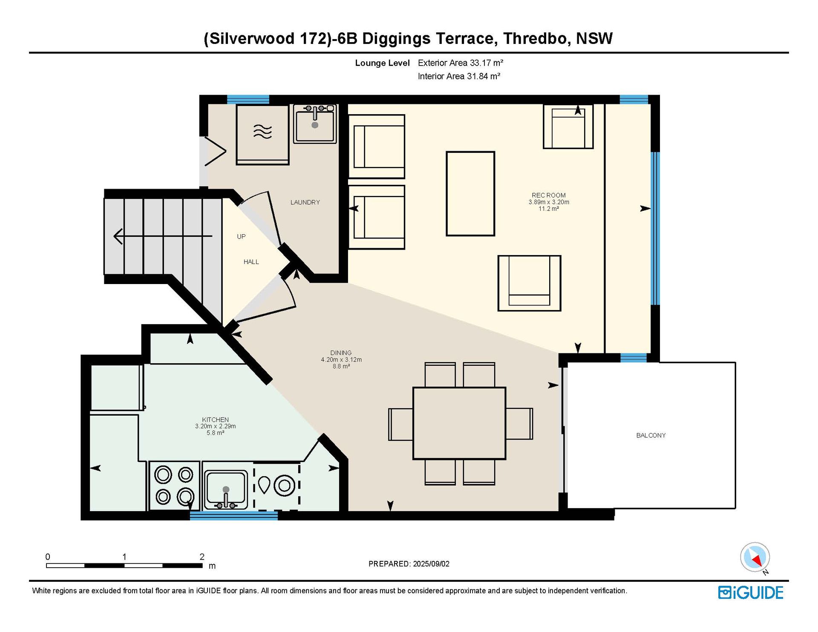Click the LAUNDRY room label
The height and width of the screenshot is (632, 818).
[305, 202]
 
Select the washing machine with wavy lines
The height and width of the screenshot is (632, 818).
[262, 135]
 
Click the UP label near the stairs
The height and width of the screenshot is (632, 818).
[241, 236]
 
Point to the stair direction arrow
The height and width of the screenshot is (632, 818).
[163, 236]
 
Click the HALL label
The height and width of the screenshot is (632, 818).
[251, 262]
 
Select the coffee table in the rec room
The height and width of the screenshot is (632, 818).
[470, 194]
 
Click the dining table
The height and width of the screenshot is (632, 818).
[459, 423]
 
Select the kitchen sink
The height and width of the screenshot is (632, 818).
[226, 490]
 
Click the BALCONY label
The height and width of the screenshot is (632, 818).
[651, 435]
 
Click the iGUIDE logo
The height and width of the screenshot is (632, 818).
[751, 593]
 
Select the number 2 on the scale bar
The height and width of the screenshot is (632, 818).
[202, 557]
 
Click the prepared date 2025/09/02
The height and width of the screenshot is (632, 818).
[431, 564]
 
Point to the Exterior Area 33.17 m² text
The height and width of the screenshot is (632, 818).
[461, 63]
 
